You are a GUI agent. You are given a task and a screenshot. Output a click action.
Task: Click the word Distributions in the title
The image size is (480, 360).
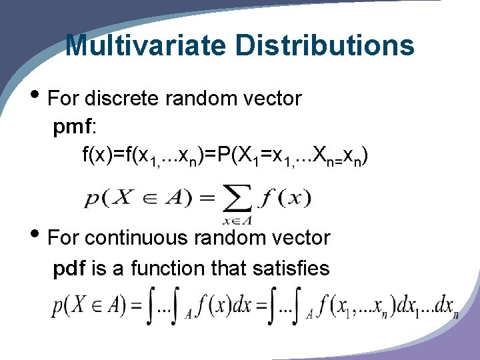(x=325, y=45)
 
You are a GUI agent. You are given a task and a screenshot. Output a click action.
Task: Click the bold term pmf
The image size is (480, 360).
(x=71, y=127)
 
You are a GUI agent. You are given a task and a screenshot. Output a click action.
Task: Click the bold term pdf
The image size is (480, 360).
(x=69, y=268)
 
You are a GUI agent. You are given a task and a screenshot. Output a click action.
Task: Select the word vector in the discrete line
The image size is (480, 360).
(x=272, y=99)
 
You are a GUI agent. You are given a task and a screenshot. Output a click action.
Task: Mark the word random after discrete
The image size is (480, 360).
(x=198, y=99)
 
